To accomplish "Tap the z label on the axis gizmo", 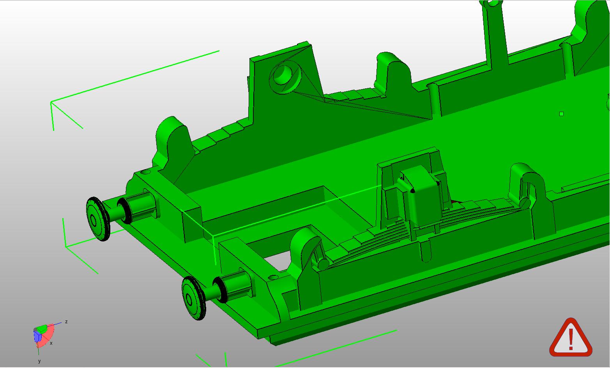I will [x=66, y=322].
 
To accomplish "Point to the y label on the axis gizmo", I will [x=39, y=361].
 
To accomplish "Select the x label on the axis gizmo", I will [x=51, y=343].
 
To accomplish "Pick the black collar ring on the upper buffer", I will [x=124, y=210].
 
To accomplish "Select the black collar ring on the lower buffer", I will [x=220, y=289].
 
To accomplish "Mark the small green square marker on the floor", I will [x=561, y=114].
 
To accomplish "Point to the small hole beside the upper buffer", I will [x=147, y=172].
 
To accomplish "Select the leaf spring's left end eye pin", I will [x=323, y=264].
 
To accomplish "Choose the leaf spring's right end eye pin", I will [x=525, y=202].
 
